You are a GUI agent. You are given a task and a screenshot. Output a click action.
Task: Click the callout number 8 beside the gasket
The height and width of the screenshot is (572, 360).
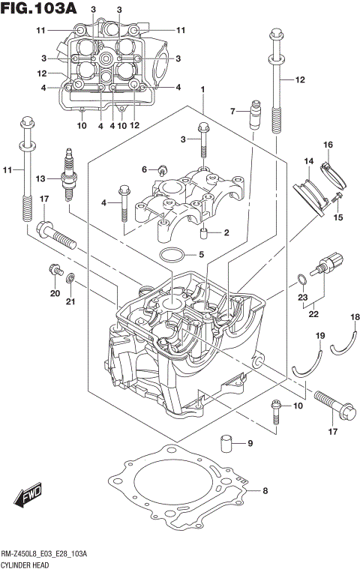tap(263, 492)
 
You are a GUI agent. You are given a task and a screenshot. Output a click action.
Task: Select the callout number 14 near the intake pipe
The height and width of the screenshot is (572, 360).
tap(307, 161)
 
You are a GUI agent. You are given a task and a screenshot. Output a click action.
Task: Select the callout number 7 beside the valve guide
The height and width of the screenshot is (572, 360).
tap(232, 111)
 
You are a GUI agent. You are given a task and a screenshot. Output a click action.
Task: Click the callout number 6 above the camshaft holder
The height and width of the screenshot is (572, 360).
tap(144, 169)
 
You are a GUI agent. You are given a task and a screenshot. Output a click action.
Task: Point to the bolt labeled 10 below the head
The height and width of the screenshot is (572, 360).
tap(277, 408)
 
